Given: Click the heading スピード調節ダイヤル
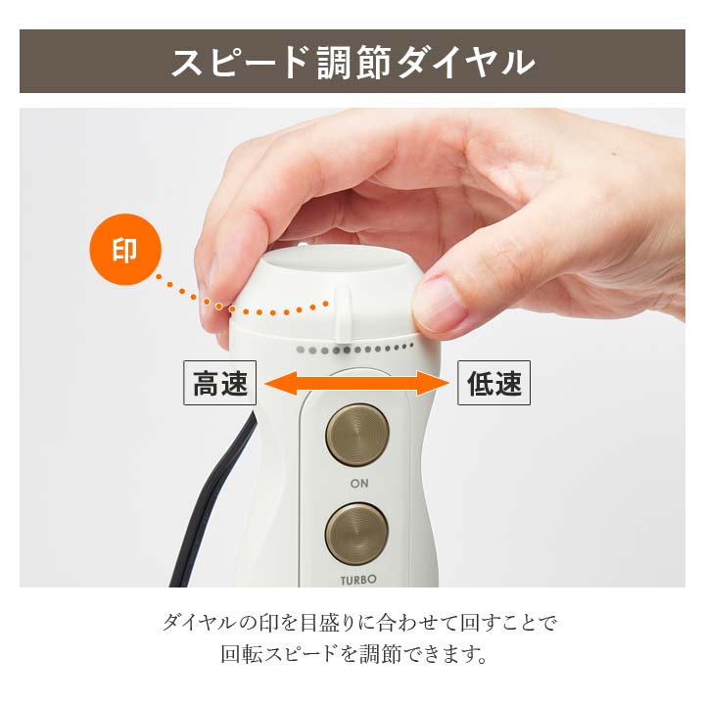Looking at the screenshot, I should [x=352, y=62].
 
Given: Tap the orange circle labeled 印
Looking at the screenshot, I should [x=124, y=252].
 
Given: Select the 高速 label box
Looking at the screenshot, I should [x=219, y=385].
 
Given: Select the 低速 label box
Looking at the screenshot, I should [x=493, y=385].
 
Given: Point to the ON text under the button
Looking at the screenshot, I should [x=358, y=484].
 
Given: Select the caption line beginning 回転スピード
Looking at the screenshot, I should [x=352, y=654].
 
